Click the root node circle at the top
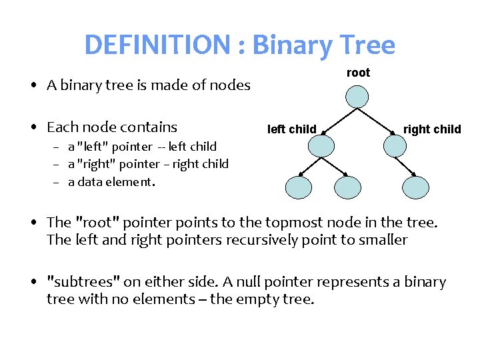tap(358, 97)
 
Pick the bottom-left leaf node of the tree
tap(297, 187)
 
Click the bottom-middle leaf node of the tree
tap(347, 187)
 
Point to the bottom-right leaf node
tap(418, 187)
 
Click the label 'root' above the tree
tap(358, 73)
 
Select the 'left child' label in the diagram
tap(291, 129)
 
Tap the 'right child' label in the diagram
tap(432, 129)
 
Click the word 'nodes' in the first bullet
tap(230, 85)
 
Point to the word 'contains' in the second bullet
tap(151, 127)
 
